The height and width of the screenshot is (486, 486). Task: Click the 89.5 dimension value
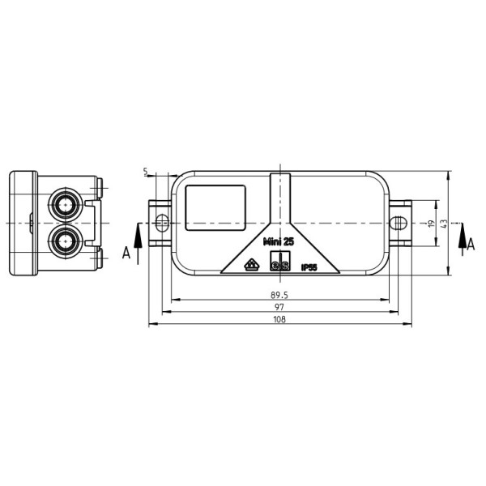(x=279, y=296)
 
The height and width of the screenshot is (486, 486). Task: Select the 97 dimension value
(x=279, y=308)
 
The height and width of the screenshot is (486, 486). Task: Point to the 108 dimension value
(x=279, y=320)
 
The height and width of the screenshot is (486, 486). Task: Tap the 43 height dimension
(x=443, y=223)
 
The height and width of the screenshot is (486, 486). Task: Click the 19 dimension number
(x=432, y=223)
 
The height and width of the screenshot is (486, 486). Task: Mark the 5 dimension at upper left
(x=145, y=172)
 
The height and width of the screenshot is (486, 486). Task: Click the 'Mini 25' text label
(x=279, y=241)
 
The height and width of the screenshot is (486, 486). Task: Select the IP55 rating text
(x=309, y=266)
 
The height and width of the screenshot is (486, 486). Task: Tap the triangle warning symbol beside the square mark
(x=252, y=264)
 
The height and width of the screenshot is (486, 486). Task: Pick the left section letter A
(x=126, y=253)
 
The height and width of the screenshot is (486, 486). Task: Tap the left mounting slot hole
(x=162, y=222)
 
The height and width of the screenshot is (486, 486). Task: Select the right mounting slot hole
(x=399, y=222)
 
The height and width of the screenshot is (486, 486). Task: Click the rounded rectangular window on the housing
(x=215, y=207)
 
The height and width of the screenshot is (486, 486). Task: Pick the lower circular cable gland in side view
(x=64, y=241)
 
